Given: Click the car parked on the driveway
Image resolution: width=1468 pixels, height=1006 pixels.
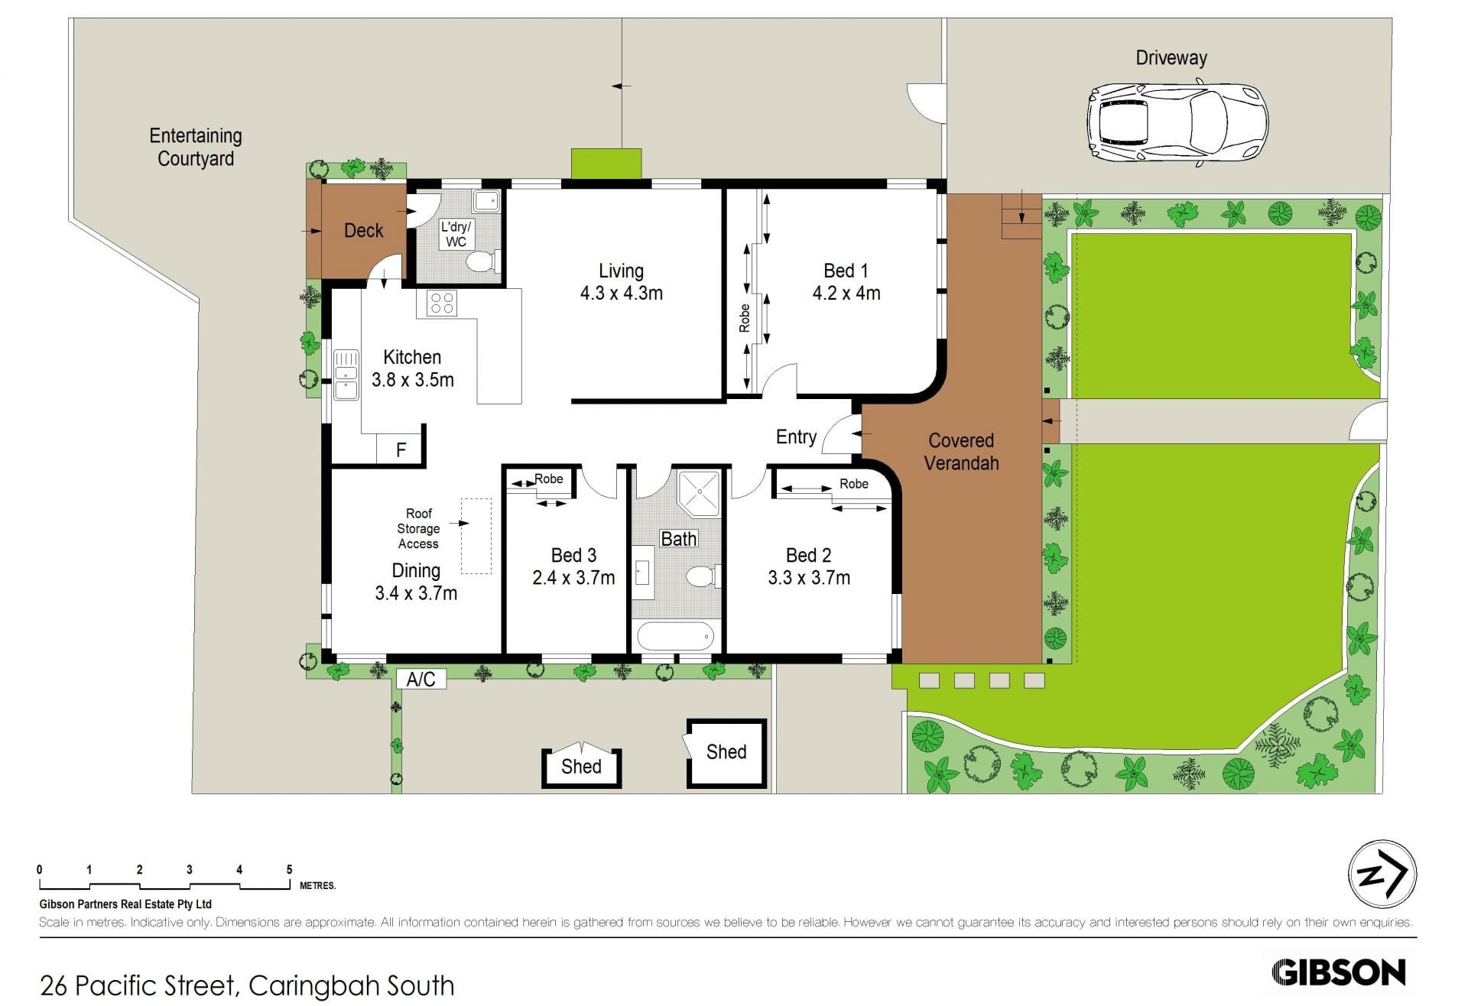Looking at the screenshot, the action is point(1177,125).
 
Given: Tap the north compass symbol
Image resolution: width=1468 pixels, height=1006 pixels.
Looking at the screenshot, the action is point(1382,875).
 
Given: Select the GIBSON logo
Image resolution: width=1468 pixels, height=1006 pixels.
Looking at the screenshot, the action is point(1339,972).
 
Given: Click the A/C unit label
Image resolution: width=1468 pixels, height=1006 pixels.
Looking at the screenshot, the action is point(421,679).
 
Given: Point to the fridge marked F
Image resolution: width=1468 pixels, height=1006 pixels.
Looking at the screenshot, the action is point(401,449).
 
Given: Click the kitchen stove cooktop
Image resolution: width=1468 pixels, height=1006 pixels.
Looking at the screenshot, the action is point(442,303).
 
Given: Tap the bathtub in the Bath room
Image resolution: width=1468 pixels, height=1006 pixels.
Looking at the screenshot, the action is point(676,637).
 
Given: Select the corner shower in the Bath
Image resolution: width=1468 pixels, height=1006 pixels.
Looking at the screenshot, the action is point(700,492).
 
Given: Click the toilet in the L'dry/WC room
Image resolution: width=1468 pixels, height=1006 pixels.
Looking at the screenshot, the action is point(482,262).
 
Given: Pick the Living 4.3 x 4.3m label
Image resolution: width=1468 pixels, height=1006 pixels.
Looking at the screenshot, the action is point(621,282).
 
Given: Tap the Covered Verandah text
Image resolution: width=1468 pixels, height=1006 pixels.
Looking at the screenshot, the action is point(961,452).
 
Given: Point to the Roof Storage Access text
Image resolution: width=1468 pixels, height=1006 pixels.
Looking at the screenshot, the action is point(418,528).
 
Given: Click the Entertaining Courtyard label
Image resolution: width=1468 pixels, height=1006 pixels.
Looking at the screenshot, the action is point(196,147).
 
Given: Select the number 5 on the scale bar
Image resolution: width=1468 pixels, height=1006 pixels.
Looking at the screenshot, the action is point(289,869).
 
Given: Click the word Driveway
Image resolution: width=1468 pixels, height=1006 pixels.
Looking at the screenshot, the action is point(1171,58).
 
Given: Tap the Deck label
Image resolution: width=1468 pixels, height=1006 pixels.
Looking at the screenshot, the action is point(363,230).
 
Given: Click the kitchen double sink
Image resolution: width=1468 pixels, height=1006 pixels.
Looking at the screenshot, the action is point(346,375).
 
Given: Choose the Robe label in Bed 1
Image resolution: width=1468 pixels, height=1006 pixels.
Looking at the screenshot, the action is point(744,318).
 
